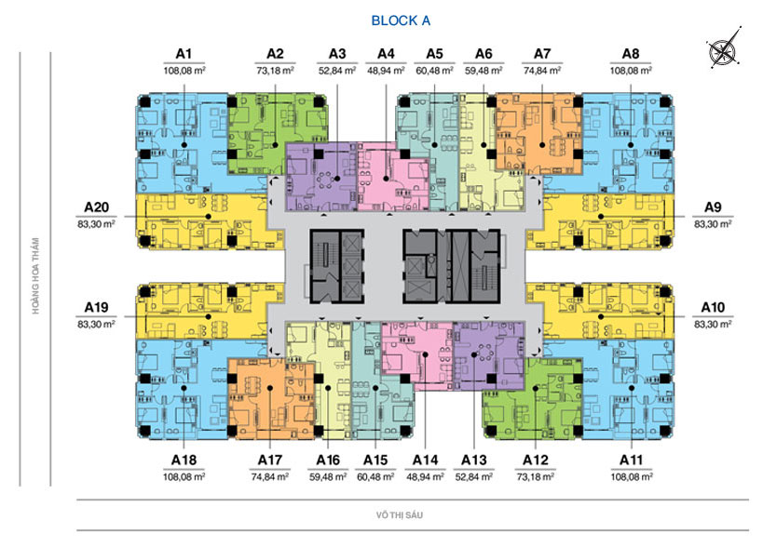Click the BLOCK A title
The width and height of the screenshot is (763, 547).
pyautogui.click(x=401, y=20)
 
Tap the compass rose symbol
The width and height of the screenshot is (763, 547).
pyautogui.click(x=724, y=47)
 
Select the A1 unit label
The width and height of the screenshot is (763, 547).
pyautogui.click(x=184, y=54)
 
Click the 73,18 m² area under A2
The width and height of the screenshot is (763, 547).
pyautogui.click(x=275, y=71)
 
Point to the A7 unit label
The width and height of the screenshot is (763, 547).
pyautogui.click(x=542, y=54)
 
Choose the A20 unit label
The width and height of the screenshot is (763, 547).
pyautogui.click(x=96, y=207)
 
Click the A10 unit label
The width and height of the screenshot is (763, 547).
pyautogui.click(x=713, y=308)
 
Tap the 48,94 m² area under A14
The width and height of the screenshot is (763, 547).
pyautogui.click(x=426, y=477)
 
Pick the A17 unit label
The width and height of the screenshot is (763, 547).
pyautogui.click(x=270, y=460)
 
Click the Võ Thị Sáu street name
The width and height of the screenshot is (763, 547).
pyautogui.click(x=399, y=515)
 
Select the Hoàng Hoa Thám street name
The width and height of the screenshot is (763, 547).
pyautogui.click(x=35, y=275)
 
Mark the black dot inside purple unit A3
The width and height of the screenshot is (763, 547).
pyautogui.click(x=337, y=179)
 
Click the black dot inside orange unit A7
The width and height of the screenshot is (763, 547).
pyautogui.click(x=542, y=145)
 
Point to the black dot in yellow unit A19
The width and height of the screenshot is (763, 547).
pyautogui.click(x=209, y=316)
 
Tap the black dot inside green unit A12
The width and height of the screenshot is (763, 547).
pyautogui.click(x=536, y=388)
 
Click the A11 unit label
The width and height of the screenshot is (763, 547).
pyautogui.click(x=631, y=460)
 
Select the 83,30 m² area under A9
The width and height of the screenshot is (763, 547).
pyautogui.click(x=713, y=224)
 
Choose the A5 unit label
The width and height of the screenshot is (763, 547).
pyautogui.click(x=434, y=54)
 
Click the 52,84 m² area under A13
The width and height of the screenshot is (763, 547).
pyautogui.click(x=474, y=477)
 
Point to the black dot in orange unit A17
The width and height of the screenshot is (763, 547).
pyautogui.click(x=269, y=388)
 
